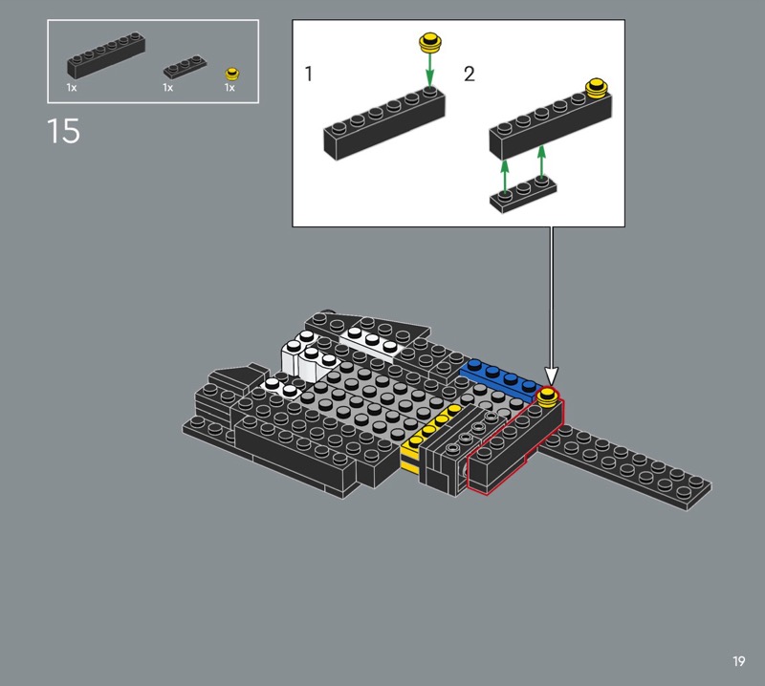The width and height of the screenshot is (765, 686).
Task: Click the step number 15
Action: pyautogui.click(x=63, y=131)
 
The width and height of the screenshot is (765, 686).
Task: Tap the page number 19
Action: pyautogui.click(x=738, y=661)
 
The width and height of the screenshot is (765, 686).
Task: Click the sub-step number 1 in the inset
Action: pyautogui.click(x=308, y=74)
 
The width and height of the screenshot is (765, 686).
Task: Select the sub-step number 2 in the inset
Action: pyautogui.click(x=469, y=75)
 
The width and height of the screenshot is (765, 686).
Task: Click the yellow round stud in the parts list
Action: pyautogui.click(x=232, y=74)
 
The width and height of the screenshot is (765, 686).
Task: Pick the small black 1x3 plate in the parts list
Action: pyautogui.click(x=185, y=66)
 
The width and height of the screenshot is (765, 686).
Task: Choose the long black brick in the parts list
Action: pyautogui.click(x=106, y=55)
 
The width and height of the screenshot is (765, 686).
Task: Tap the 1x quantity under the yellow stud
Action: pyautogui.click(x=229, y=88)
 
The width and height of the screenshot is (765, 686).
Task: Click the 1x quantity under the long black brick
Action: pyautogui.click(x=72, y=88)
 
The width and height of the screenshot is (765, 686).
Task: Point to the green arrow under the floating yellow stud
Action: pyautogui.click(x=429, y=69)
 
